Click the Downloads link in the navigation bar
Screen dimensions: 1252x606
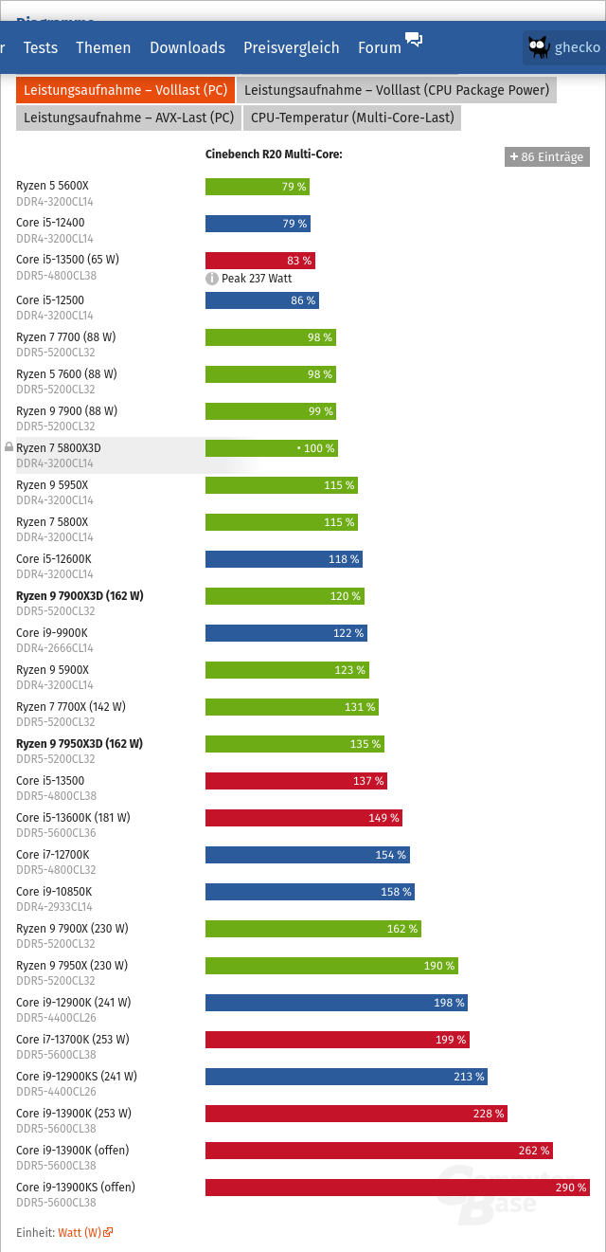click(x=187, y=47)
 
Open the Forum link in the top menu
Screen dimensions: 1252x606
click(x=380, y=47)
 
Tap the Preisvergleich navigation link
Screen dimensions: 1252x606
click(x=291, y=47)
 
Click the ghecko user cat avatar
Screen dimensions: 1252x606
click(x=539, y=47)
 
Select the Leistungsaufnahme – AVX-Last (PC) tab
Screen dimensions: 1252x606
click(x=129, y=118)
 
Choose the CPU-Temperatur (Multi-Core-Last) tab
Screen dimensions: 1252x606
click(x=352, y=118)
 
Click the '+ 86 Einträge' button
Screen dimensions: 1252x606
click(x=547, y=156)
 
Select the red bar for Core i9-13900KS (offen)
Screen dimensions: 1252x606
click(x=397, y=1188)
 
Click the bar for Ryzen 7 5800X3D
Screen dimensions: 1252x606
click(x=271, y=447)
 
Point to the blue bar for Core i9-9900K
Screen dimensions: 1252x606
click(x=286, y=632)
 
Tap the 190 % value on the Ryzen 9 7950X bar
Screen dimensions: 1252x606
click(x=438, y=966)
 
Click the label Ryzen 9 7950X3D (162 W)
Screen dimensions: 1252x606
click(x=80, y=744)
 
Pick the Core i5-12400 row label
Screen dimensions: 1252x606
click(x=50, y=223)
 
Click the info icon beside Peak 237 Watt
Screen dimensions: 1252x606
click(x=212, y=279)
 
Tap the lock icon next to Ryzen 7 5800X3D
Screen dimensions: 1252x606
click(x=9, y=446)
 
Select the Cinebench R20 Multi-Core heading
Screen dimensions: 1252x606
click(x=274, y=154)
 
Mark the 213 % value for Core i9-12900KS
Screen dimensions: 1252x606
click(x=469, y=1077)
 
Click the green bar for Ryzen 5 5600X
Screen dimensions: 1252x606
click(x=257, y=187)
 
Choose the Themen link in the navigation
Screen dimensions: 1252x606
click(x=103, y=47)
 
